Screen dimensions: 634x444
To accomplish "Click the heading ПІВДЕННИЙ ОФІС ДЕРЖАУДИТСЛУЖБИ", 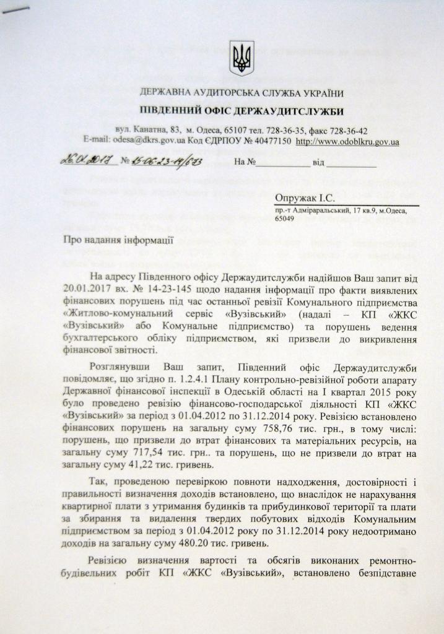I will [242, 111].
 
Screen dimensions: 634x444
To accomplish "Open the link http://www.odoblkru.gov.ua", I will [348, 142].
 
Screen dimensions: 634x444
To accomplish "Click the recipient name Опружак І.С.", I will [306, 198].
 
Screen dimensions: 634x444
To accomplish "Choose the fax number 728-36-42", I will [347, 131].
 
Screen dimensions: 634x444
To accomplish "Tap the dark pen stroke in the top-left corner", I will [15, 8].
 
